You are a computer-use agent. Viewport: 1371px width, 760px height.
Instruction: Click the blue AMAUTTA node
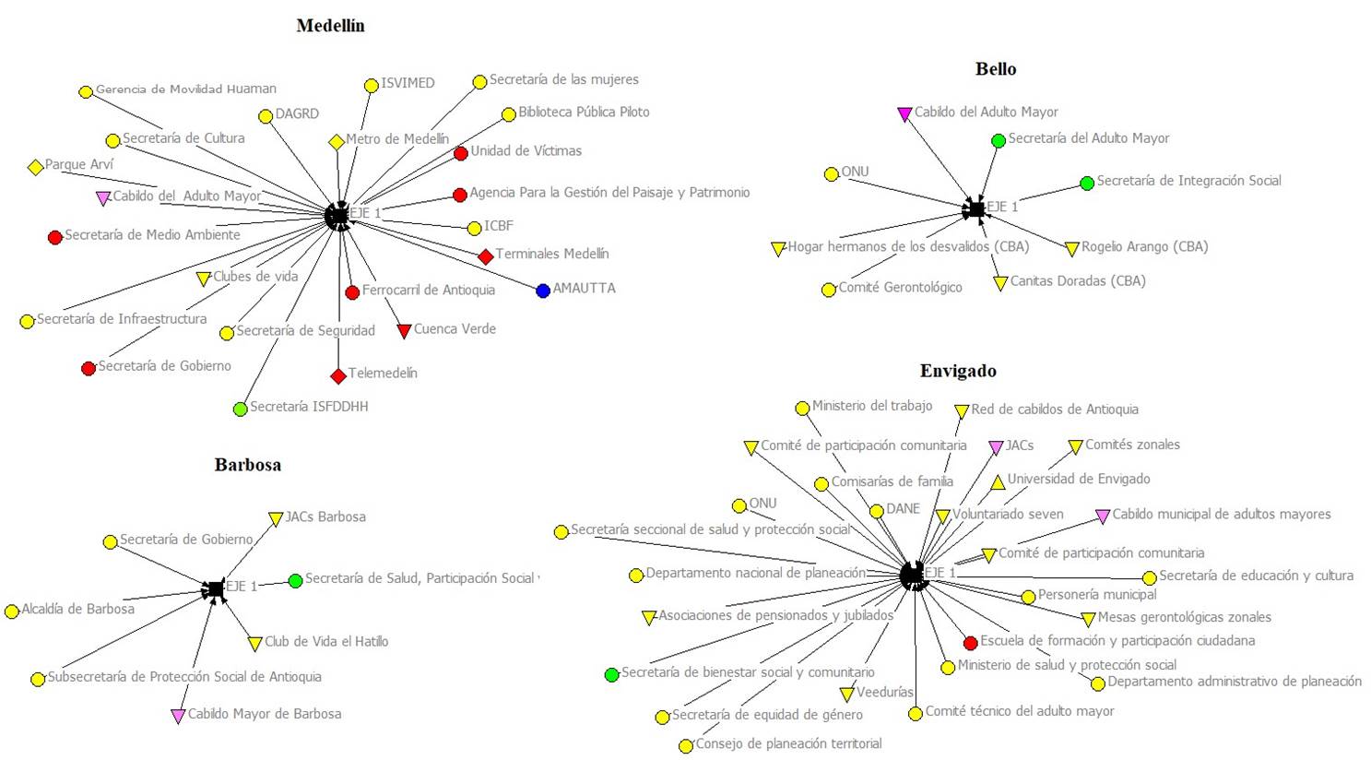[543, 291]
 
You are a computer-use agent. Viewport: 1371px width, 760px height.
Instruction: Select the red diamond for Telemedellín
[338, 375]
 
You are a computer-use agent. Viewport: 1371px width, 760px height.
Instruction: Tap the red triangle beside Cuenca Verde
[404, 331]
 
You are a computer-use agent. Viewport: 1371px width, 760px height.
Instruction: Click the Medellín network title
[330, 26]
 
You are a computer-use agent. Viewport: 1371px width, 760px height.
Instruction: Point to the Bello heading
[996, 69]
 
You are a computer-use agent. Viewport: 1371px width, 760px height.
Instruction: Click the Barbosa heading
[248, 465]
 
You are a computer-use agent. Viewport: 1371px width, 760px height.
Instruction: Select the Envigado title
[958, 371]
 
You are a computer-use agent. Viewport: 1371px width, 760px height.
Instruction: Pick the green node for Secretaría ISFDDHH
[241, 409]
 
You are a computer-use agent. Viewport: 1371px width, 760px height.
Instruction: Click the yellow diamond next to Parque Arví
[35, 167]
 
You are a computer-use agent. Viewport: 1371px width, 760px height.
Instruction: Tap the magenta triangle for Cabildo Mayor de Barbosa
[178, 716]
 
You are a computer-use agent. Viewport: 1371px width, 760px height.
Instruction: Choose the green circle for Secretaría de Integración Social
[1087, 183]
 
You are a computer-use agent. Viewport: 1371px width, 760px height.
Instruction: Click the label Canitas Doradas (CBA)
[1078, 281]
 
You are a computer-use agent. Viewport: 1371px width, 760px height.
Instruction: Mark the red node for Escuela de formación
[970, 643]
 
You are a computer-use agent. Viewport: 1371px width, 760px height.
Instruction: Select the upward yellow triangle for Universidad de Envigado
[998, 482]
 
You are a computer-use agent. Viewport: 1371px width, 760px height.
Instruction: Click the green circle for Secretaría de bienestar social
[611, 675]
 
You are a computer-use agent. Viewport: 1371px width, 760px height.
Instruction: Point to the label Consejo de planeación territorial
[788, 743]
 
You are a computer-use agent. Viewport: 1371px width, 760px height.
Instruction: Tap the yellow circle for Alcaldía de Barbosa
[12, 612]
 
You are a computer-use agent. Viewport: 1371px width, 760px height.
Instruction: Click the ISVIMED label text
[408, 83]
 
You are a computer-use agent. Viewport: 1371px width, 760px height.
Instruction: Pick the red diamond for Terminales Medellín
[486, 256]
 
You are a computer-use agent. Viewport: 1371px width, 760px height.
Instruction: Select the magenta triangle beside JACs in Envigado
[996, 447]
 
